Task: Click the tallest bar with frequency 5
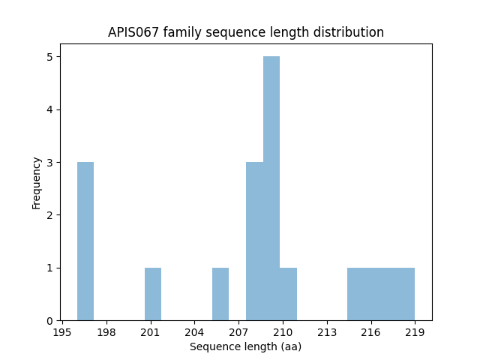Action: point(271,188)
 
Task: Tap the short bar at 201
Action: point(153,294)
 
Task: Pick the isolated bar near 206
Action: point(220,294)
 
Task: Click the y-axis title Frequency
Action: point(37,182)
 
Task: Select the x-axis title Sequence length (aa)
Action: point(245,346)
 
